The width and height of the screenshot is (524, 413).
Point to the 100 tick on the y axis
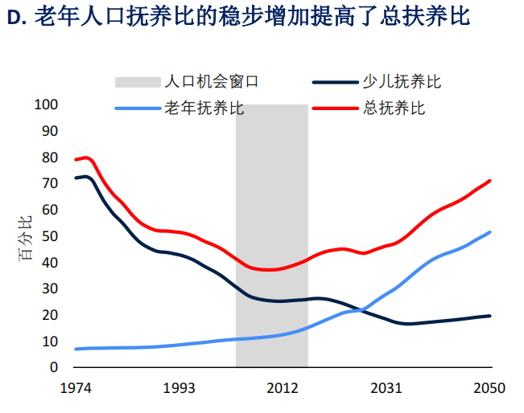[47, 104]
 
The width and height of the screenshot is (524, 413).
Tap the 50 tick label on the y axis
[50, 236]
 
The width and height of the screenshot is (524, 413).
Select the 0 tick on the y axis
[54, 367]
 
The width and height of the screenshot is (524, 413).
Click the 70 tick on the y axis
[50, 183]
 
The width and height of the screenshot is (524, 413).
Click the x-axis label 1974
[76, 389]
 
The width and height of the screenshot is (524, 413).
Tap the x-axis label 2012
[283, 389]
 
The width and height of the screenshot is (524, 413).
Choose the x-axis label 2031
[386, 389]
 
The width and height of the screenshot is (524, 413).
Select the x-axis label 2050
[489, 389]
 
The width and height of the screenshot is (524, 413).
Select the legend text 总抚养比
[394, 108]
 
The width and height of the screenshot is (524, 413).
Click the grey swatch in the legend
[137, 82]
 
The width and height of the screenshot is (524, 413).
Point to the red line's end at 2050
[489, 181]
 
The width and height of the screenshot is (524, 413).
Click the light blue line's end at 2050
[489, 232]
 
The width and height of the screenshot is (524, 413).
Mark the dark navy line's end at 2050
[489, 316]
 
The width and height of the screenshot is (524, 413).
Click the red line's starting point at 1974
[76, 160]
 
